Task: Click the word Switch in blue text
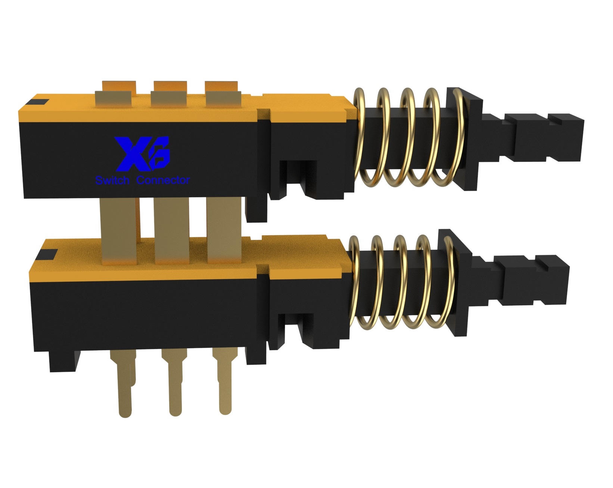coord(112,180)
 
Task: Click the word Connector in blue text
coord(163,180)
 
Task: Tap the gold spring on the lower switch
coord(402,282)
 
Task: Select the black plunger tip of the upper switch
coord(533,137)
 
